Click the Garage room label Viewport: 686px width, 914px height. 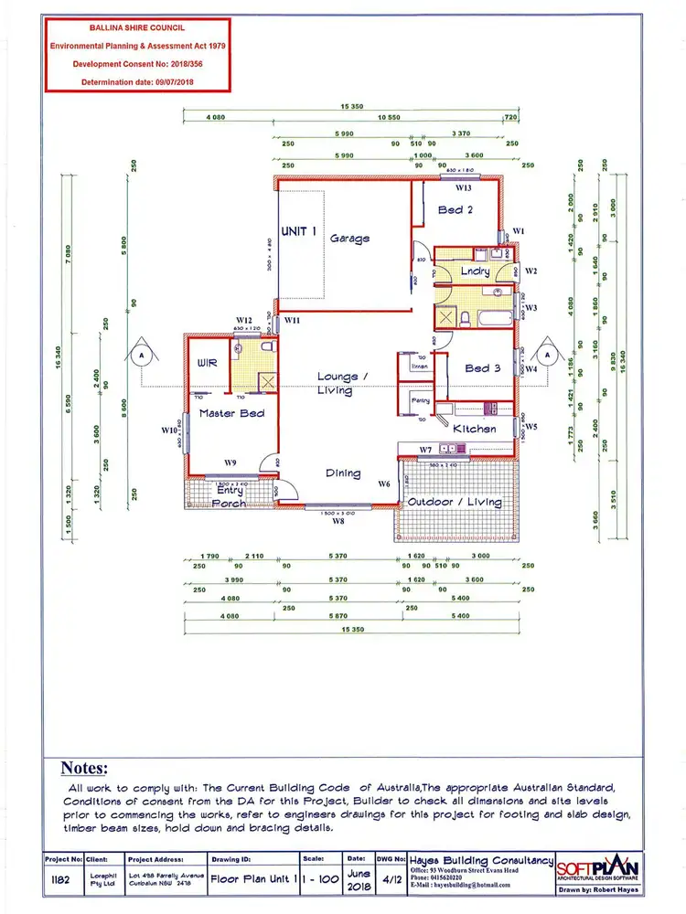(x=349, y=239)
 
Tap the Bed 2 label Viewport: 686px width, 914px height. (x=455, y=209)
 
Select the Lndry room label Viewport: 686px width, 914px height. (x=476, y=271)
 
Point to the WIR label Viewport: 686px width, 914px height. (x=207, y=363)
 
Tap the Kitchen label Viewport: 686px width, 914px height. (x=474, y=428)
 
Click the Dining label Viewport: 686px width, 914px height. (x=343, y=473)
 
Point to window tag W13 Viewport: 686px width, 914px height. (x=462, y=188)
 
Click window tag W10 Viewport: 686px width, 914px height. (x=168, y=429)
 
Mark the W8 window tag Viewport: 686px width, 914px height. (x=338, y=522)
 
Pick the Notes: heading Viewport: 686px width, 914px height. (x=84, y=767)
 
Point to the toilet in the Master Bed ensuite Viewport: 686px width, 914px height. (x=266, y=349)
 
